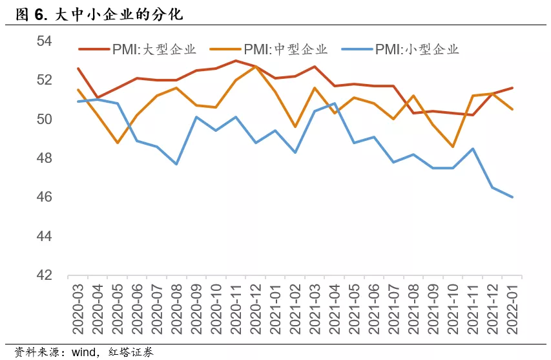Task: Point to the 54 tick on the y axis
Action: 43,41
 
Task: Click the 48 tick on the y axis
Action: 43,158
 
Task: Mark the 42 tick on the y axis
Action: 43,275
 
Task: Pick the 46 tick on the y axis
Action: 43,197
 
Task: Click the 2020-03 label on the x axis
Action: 79,307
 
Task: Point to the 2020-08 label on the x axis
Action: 176,307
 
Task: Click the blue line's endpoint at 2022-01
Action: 512,197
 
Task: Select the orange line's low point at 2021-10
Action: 453,147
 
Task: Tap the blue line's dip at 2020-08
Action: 176,164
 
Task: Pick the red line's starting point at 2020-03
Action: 78,69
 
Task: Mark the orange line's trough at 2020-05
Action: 118,143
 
